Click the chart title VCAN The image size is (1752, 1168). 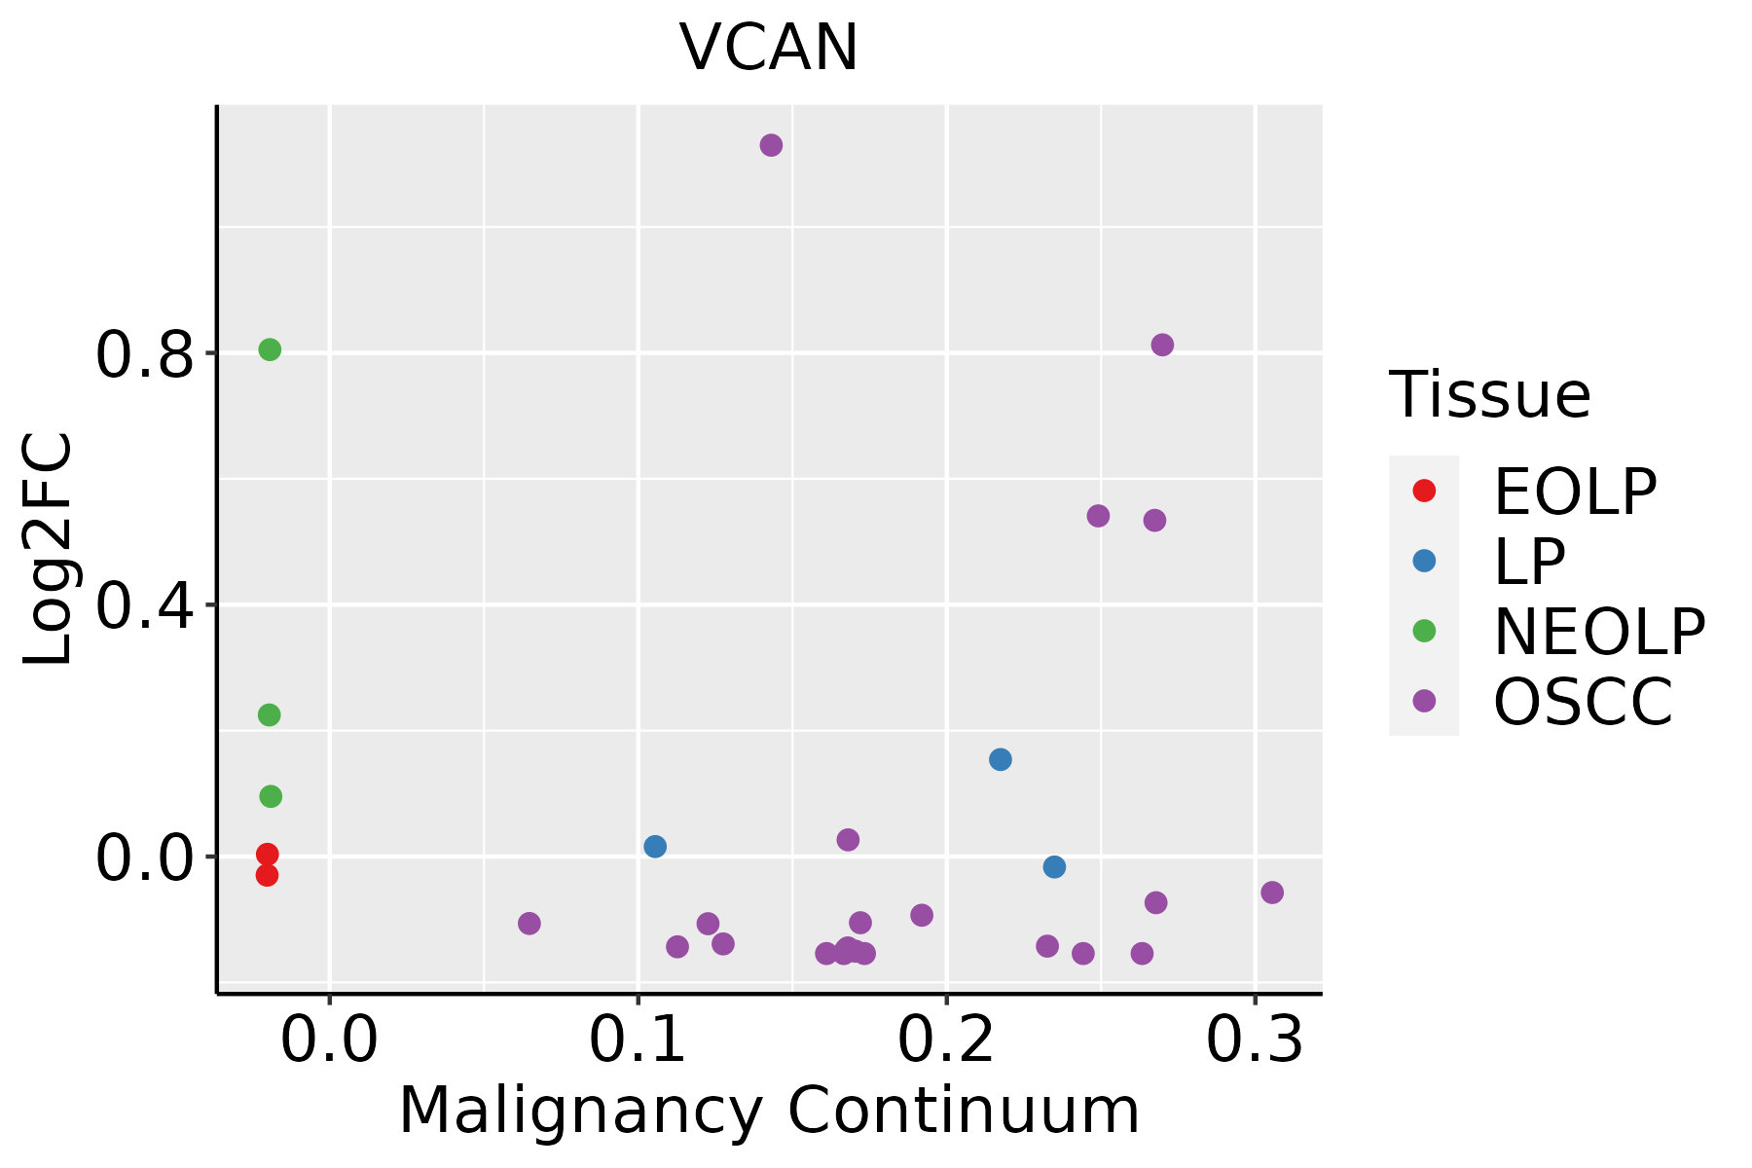(x=768, y=48)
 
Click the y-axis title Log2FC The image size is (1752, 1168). (x=49, y=549)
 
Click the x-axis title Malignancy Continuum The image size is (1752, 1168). (x=769, y=1111)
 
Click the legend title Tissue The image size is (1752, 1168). (x=1489, y=395)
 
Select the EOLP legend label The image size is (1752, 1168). (x=1574, y=492)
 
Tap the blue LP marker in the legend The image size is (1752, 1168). (x=1424, y=561)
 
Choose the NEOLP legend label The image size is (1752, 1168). (x=1598, y=632)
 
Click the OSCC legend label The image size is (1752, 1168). (x=1583, y=702)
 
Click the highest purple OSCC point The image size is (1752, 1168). (x=771, y=146)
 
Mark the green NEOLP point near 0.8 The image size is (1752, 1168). (x=270, y=349)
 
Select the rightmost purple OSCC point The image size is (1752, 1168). (x=1271, y=893)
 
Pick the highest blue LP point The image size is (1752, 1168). (x=1000, y=759)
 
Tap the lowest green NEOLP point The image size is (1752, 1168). (x=271, y=796)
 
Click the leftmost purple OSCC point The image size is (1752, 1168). (x=529, y=923)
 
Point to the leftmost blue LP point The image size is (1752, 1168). (x=655, y=846)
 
